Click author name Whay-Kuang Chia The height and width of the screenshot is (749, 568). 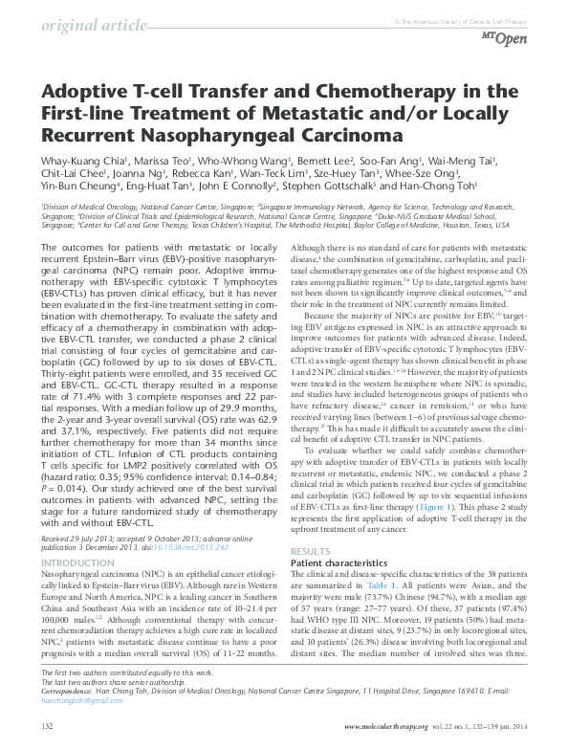[x=81, y=161]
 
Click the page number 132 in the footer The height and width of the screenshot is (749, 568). [x=48, y=726]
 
